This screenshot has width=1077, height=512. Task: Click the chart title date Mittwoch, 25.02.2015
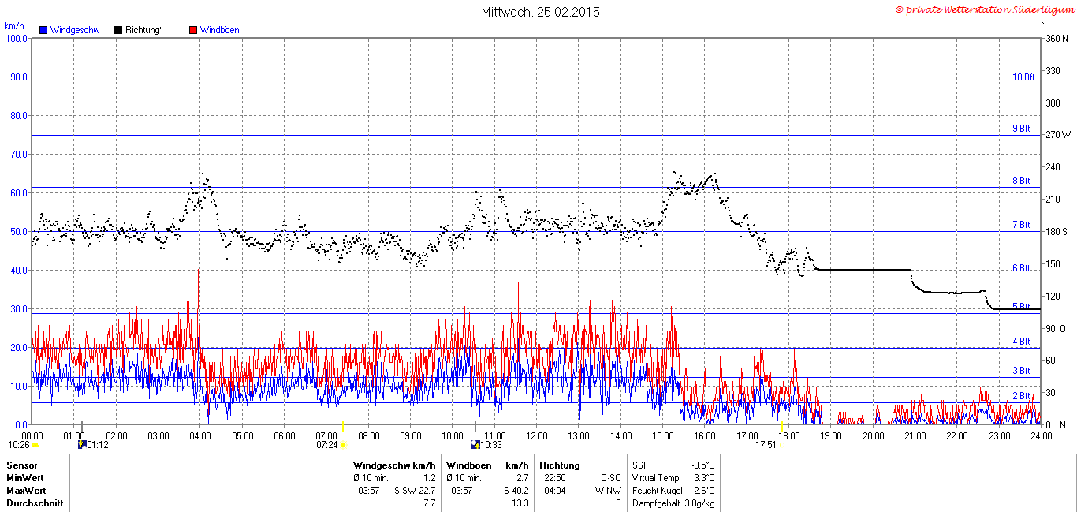[540, 12]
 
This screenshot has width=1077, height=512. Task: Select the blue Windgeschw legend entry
[69, 30]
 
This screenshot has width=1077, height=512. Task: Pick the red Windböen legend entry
[214, 30]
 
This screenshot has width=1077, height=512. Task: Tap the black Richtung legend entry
[139, 30]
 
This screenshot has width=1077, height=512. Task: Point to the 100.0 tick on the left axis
[17, 39]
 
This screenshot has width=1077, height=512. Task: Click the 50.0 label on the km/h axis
[19, 231]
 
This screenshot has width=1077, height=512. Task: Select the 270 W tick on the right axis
[1058, 135]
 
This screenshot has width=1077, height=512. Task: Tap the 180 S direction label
[1056, 231]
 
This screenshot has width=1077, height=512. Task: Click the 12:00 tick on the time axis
[537, 436]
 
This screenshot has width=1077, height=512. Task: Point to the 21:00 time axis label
[915, 436]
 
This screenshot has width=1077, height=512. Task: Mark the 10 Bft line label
[1023, 77]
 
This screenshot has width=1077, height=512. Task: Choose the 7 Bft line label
[1021, 225]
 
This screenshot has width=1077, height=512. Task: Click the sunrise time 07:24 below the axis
[327, 445]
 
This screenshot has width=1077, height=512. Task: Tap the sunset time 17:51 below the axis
[766, 445]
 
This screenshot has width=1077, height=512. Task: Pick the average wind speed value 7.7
[430, 503]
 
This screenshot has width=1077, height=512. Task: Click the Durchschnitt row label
[35, 503]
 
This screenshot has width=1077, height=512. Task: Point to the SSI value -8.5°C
[703, 465]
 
